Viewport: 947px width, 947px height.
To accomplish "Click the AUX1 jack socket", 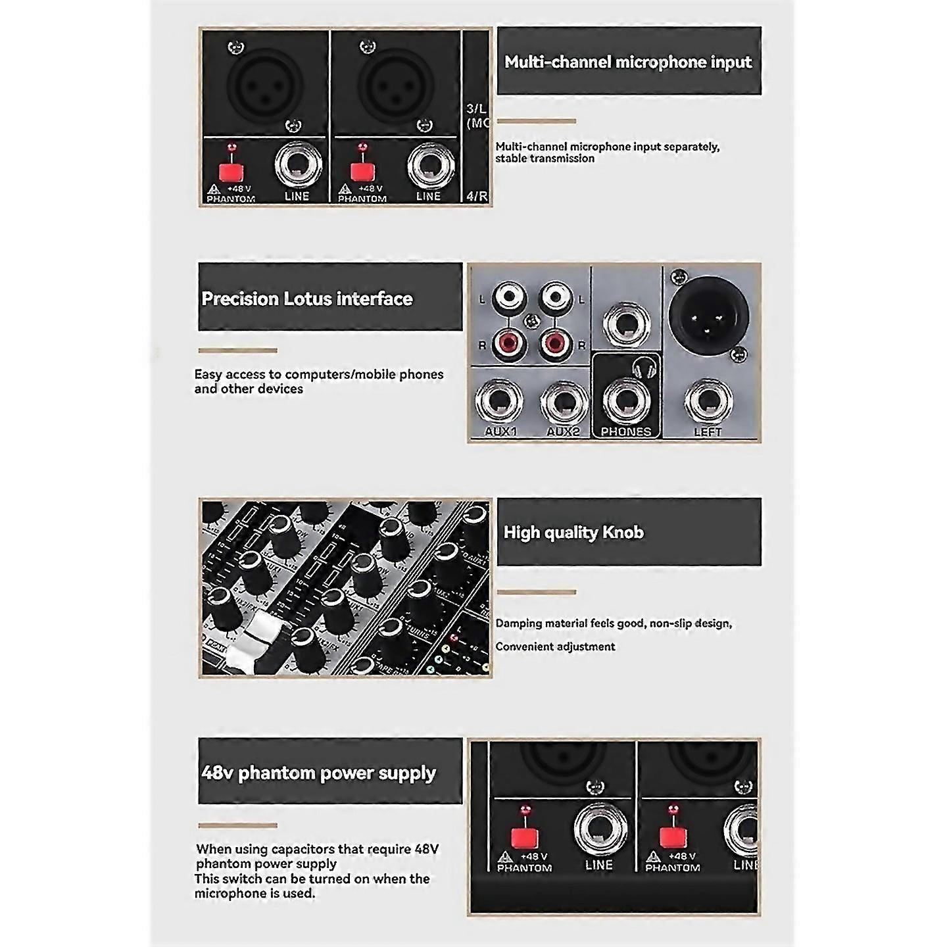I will click(499, 401).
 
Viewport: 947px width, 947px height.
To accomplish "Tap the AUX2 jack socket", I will click(564, 401).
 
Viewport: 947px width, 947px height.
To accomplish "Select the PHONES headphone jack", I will click(626, 399).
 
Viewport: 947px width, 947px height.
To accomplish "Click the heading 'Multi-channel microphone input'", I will click(628, 62).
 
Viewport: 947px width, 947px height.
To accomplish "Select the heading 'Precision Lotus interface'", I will click(307, 299).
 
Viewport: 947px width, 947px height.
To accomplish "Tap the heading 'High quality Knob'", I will click(573, 532).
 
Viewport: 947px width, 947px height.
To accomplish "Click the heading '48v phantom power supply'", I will click(319, 772).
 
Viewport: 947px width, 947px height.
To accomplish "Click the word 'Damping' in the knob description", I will click(518, 623).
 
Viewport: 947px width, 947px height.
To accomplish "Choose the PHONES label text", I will click(626, 431).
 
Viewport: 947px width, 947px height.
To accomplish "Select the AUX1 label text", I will click(500, 431).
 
